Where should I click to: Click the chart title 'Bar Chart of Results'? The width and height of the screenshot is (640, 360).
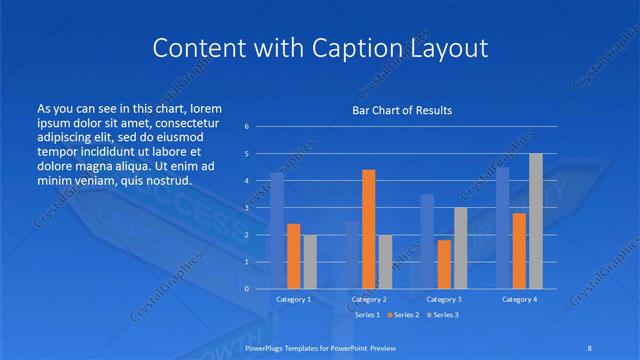click(x=402, y=110)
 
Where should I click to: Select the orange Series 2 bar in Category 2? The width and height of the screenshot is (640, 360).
click(x=368, y=229)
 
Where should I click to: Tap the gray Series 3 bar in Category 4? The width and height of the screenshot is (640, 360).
click(x=536, y=221)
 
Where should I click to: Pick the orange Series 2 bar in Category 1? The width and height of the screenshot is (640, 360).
click(x=293, y=256)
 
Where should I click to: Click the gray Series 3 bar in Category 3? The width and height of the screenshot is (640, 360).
click(x=460, y=248)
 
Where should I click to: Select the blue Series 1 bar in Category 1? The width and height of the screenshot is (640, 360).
click(x=277, y=230)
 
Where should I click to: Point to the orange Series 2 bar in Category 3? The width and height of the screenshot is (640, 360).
click(x=444, y=264)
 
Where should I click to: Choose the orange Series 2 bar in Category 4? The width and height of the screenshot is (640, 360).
click(x=519, y=250)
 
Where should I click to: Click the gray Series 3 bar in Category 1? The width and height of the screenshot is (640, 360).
click(x=310, y=261)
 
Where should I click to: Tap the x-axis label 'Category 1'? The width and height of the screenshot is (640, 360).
click(x=293, y=299)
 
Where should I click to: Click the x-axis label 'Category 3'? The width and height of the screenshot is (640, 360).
click(x=444, y=299)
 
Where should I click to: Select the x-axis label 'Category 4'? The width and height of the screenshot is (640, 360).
click(x=519, y=299)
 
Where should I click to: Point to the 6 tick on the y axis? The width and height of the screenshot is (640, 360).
click(x=246, y=127)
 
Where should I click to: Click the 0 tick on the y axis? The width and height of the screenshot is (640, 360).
click(x=246, y=288)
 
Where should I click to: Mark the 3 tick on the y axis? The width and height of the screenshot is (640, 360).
click(x=246, y=208)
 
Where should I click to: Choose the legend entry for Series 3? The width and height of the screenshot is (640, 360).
click(x=443, y=315)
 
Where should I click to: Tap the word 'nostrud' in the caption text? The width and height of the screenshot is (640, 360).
click(x=167, y=181)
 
